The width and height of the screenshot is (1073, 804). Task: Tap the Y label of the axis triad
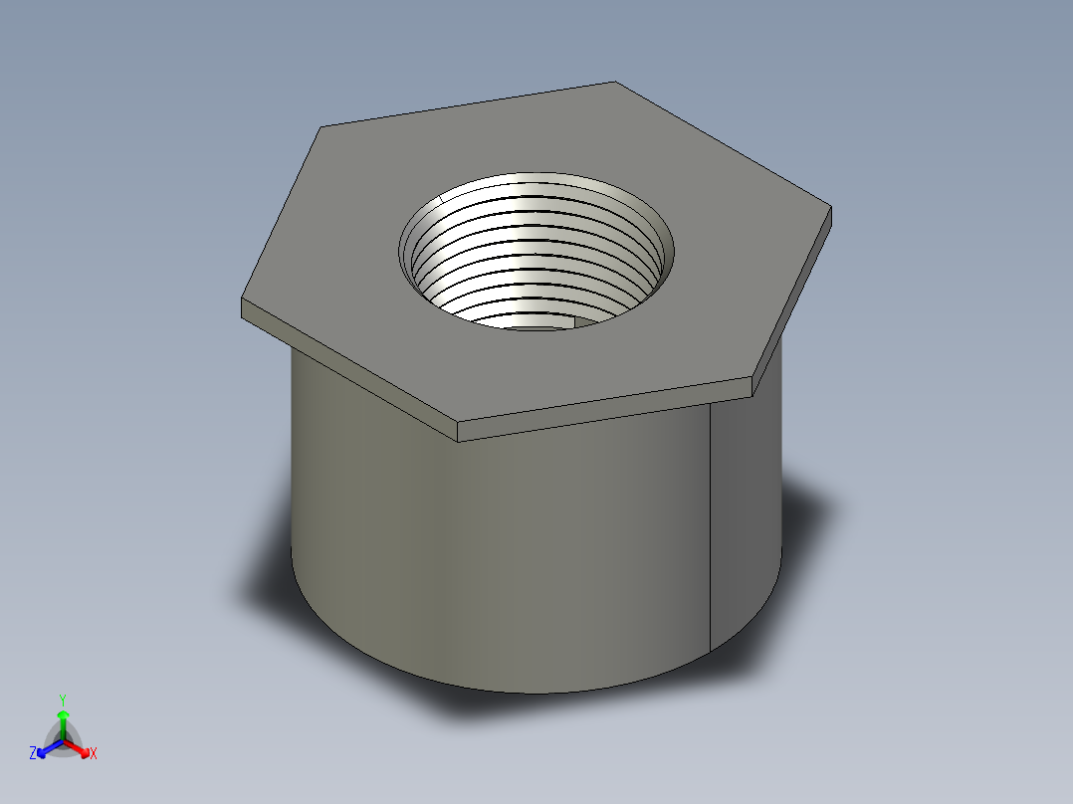(62, 700)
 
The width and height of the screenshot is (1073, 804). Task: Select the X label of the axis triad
(94, 754)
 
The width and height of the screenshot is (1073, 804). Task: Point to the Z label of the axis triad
(33, 754)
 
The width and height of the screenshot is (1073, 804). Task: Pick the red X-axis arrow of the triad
(79, 747)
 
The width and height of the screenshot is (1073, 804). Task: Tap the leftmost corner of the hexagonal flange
(243, 301)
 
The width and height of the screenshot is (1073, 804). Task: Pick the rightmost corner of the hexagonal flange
(830, 208)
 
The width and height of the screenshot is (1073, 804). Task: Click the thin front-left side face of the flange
(348, 368)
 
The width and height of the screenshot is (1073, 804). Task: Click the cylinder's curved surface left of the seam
(498, 557)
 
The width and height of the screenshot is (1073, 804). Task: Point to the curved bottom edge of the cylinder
(537, 692)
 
